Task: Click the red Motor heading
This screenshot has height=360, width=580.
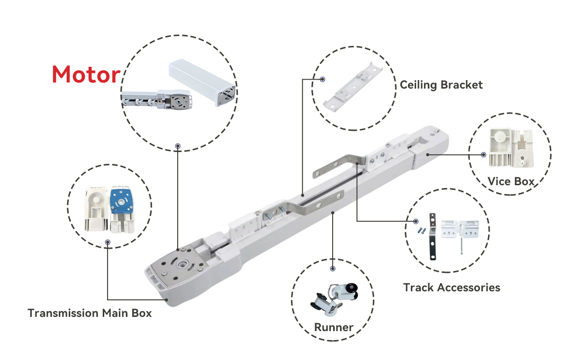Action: (86, 75)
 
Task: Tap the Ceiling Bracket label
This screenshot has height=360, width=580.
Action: (441, 85)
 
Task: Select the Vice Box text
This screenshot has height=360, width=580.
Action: (511, 181)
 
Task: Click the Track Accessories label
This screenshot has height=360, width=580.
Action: (452, 288)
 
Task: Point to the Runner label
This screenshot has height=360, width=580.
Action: (334, 327)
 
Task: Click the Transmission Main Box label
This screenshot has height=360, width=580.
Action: (90, 313)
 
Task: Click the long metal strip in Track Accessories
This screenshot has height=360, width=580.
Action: (432, 236)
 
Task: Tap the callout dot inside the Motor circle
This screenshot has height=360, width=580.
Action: (178, 146)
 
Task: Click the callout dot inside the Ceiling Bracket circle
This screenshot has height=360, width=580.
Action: (322, 80)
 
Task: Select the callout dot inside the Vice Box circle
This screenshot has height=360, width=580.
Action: (483, 155)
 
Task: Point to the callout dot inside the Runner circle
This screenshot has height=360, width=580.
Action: (333, 269)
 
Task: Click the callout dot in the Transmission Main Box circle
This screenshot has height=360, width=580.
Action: (108, 242)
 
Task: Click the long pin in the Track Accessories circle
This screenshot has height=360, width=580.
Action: (460, 246)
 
